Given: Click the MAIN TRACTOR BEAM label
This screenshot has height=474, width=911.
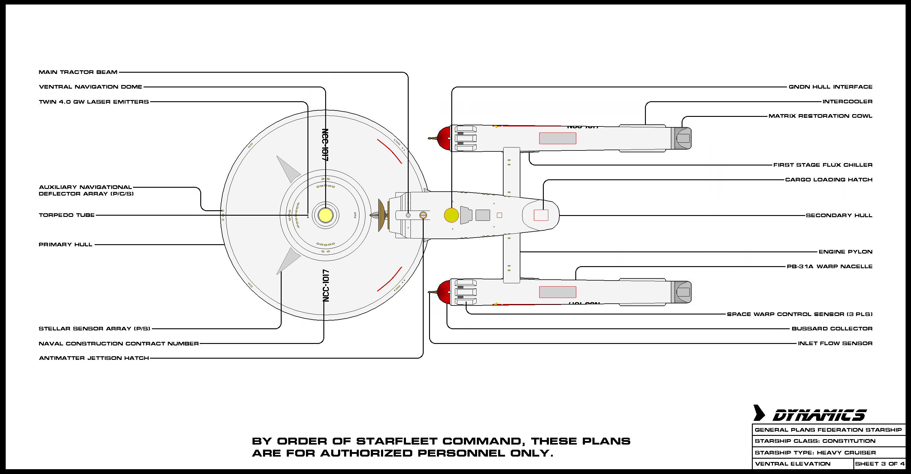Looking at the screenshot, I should tap(78, 72).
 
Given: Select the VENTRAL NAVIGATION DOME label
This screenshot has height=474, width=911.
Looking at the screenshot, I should tap(91, 87).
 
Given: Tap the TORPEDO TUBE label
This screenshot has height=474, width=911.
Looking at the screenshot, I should tap(67, 215).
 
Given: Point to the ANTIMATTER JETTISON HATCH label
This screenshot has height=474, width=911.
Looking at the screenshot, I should tap(94, 358).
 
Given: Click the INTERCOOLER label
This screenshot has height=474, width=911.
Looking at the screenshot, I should tap(847, 102).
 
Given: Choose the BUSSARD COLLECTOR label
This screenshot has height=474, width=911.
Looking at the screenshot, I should tap(832, 329).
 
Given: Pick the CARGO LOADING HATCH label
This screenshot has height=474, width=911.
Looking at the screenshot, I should tap(829, 180).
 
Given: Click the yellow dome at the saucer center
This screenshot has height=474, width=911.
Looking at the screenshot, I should tap(325, 215).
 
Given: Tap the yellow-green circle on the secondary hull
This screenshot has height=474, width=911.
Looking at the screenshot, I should tap(451, 215).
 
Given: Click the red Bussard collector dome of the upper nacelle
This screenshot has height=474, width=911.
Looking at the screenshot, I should tap(444, 138).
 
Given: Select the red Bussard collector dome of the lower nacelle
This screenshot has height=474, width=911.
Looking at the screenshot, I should tap(444, 292).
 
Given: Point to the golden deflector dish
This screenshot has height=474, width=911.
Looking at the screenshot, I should tap(381, 215).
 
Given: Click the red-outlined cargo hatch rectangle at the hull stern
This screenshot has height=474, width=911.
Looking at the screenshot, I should tap(541, 215).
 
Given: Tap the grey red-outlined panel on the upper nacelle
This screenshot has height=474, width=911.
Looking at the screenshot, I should tap(557, 138).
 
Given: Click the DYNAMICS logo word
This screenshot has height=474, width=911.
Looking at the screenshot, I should tap(819, 415).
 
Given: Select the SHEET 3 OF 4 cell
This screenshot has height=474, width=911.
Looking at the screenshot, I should tap(879, 464).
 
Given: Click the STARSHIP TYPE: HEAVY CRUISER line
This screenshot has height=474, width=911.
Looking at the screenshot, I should tap(815, 452).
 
